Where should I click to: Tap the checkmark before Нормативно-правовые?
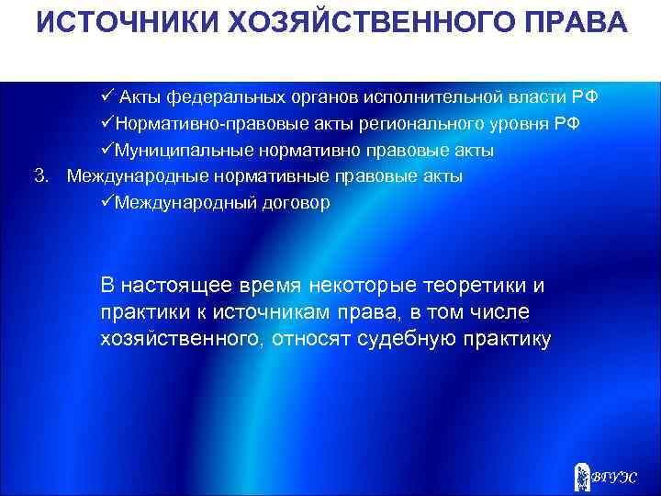(x=107, y=124)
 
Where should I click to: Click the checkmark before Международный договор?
(x=107, y=202)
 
